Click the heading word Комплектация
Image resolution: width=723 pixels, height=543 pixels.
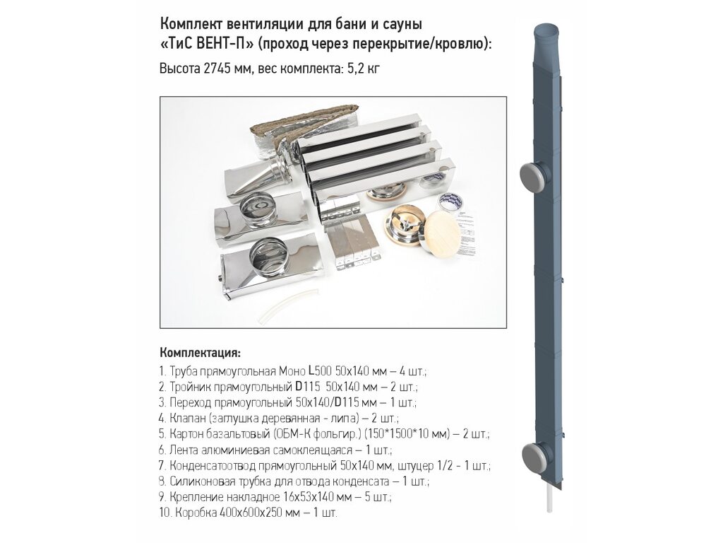[x=200, y=354]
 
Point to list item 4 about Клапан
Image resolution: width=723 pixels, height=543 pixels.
[x=278, y=419]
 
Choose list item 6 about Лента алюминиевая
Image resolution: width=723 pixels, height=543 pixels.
[x=275, y=450]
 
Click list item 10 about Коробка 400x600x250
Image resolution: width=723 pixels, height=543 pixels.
[x=248, y=513]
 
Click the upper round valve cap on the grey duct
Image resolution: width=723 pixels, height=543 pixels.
[x=535, y=177]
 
